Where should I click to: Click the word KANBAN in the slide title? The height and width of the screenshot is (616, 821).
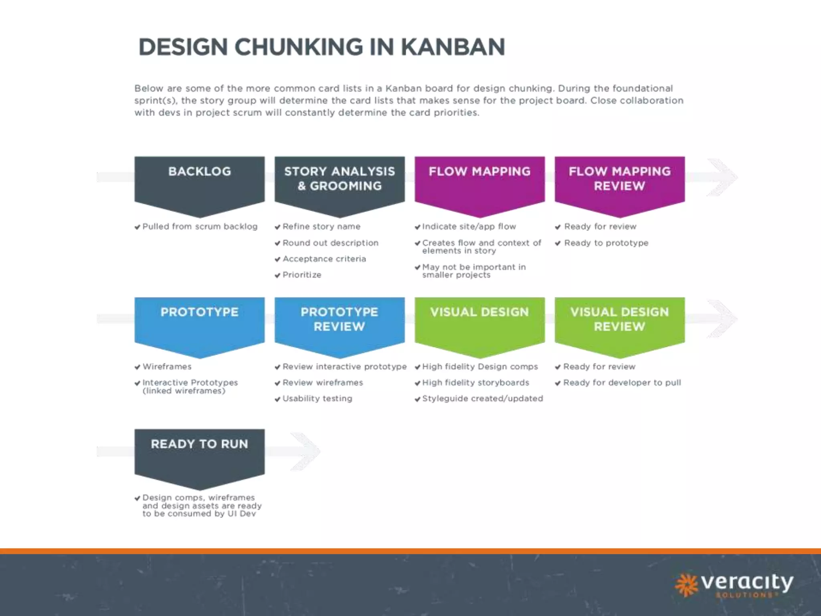(x=453, y=47)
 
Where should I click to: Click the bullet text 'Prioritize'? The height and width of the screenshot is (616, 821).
(x=302, y=275)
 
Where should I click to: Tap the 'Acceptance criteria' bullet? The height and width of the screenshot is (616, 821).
(x=324, y=259)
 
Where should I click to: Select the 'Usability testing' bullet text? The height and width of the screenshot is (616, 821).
(x=317, y=399)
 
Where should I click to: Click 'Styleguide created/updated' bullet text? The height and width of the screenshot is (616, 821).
(x=483, y=399)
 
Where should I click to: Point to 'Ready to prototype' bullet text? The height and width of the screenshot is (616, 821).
(x=606, y=243)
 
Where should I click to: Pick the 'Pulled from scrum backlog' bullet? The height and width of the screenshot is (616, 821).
(x=200, y=227)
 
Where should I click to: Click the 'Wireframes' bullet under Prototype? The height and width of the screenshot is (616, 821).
(x=167, y=367)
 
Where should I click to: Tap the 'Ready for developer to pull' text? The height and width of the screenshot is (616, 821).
(x=622, y=383)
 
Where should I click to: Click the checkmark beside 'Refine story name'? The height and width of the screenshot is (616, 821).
(x=277, y=227)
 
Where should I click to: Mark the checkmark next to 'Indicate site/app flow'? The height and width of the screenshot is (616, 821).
(x=417, y=227)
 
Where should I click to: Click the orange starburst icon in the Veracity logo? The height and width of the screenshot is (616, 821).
(x=686, y=584)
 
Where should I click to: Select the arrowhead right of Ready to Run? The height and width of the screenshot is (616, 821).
(x=307, y=452)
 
